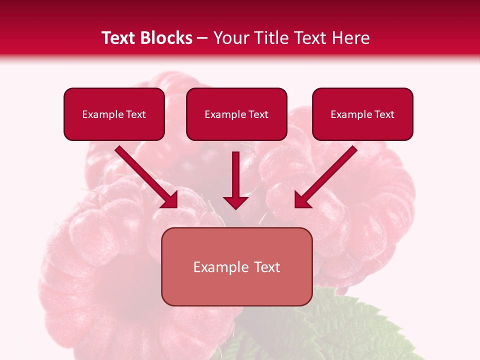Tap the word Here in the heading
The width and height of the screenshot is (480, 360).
350,38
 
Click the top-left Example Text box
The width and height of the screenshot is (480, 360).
114,114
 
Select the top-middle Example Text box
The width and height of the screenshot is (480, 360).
236,114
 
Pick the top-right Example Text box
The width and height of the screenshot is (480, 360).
362,114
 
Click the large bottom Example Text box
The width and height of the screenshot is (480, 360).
236,267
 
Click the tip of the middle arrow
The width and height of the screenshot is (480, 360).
235,208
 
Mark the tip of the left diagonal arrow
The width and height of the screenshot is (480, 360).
176,206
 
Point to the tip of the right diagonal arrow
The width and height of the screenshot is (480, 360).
295,206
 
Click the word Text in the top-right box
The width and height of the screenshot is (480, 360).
384,114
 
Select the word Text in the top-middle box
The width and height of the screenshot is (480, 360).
258,114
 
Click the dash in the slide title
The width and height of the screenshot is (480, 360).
202,38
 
